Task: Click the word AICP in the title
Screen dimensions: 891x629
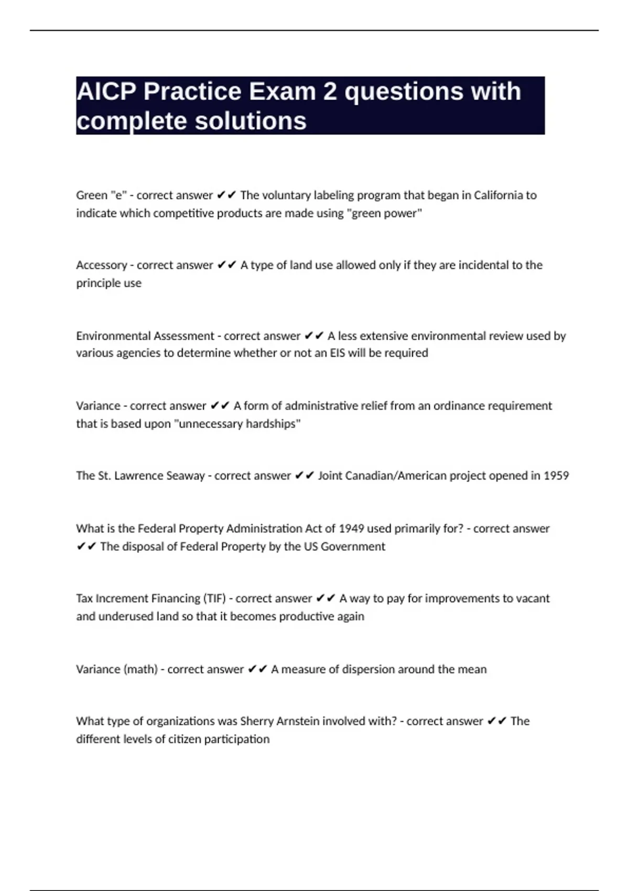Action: tap(106, 92)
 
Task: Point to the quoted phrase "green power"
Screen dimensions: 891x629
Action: tap(385, 213)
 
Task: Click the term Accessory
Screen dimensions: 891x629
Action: tap(101, 265)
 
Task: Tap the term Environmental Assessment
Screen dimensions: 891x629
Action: tap(145, 335)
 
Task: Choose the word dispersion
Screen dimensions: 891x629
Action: tap(367, 669)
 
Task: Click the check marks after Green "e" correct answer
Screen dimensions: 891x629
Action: tap(226, 195)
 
